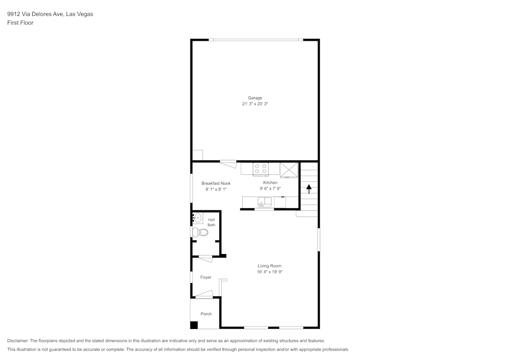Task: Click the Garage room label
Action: (x=255, y=98)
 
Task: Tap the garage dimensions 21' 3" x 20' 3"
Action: (x=255, y=104)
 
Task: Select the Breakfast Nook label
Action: (x=216, y=183)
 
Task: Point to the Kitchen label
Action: (x=270, y=182)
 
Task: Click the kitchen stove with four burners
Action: (x=261, y=169)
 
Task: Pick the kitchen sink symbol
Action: (x=265, y=203)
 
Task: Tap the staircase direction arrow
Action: (x=308, y=188)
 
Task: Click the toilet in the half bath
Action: (x=201, y=232)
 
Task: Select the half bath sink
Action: (x=197, y=219)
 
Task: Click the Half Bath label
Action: (x=211, y=222)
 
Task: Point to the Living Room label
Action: (x=269, y=266)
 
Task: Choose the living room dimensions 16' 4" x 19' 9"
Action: (x=269, y=272)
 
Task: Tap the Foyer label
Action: (x=206, y=278)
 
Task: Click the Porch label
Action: (x=206, y=314)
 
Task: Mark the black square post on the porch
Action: (x=194, y=325)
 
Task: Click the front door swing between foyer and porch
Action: (x=205, y=294)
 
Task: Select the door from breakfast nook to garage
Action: (x=229, y=163)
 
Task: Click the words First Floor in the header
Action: (x=20, y=23)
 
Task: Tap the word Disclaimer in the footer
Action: (x=18, y=341)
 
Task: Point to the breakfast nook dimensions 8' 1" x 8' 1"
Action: (x=216, y=189)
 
